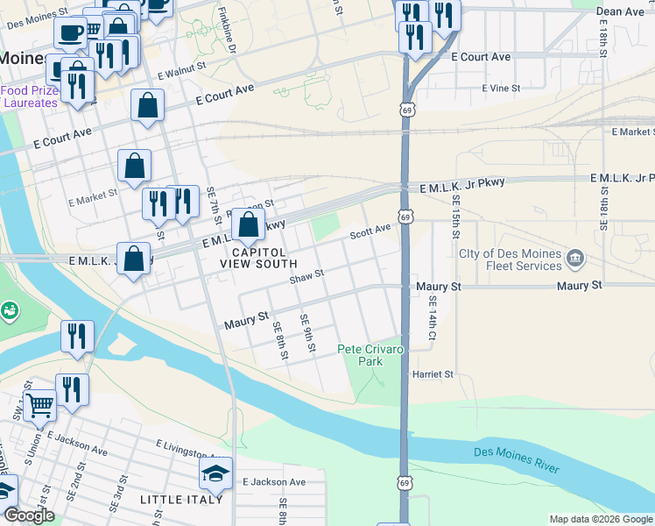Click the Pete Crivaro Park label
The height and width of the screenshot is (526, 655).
pos(371,355)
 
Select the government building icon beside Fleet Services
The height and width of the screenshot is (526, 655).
pos(576,257)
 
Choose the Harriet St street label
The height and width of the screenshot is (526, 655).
pos(433,374)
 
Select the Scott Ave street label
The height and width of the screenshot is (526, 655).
pos(370,232)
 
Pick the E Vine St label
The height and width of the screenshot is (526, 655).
pos(501,89)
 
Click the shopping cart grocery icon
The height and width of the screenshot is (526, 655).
pos(39,405)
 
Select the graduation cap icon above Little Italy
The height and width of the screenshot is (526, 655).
pos(215,474)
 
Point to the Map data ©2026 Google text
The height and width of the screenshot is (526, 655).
pos(601,519)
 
